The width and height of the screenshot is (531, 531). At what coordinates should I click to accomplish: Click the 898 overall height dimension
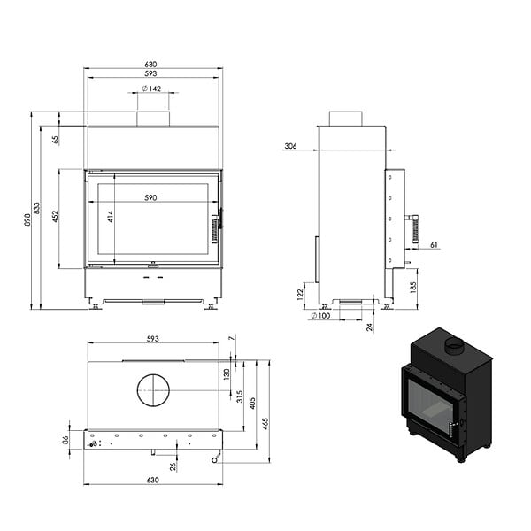pyautogui.click(x=28, y=219)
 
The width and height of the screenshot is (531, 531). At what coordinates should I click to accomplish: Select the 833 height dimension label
pyautogui.click(x=36, y=208)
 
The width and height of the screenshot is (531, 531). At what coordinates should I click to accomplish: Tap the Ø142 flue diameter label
pyautogui.click(x=151, y=88)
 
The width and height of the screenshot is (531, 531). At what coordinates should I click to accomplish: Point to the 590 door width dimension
pyautogui.click(x=150, y=197)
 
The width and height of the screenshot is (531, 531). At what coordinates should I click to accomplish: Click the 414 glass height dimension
pyautogui.click(x=111, y=217)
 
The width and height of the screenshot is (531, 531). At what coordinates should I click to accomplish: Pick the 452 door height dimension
pyautogui.click(x=56, y=217)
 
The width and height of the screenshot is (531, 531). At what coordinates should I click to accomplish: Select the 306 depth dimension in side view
pyautogui.click(x=290, y=146)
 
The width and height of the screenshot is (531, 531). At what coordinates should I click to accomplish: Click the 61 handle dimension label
pyautogui.click(x=434, y=244)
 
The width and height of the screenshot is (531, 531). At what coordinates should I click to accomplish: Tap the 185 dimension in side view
pyautogui.click(x=412, y=287)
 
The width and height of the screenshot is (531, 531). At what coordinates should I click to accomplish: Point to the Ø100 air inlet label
pyautogui.click(x=320, y=316)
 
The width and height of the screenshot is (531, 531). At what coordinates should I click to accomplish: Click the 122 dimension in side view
pyautogui.click(x=300, y=295)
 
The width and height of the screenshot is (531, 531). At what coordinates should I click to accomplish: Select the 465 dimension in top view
pyautogui.click(x=265, y=424)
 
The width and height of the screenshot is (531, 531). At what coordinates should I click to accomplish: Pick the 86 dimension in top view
pyautogui.click(x=65, y=440)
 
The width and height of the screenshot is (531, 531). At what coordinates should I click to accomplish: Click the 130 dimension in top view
pyautogui.click(x=227, y=374)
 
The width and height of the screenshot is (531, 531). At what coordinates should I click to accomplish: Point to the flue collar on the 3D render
pyautogui.click(x=454, y=346)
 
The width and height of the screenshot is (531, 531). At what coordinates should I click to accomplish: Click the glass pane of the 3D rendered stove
pyautogui.click(x=430, y=404)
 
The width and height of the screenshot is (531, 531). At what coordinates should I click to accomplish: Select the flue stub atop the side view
pyautogui.click(x=346, y=119)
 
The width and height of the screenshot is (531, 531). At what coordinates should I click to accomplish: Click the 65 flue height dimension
pyautogui.click(x=56, y=139)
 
